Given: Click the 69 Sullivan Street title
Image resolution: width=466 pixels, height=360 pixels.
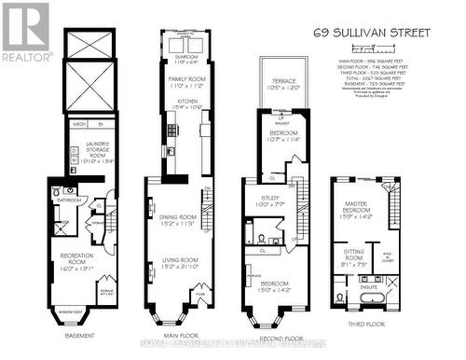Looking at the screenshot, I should click(x=373, y=32).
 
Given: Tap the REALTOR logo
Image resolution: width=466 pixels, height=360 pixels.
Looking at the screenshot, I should click(x=26, y=32).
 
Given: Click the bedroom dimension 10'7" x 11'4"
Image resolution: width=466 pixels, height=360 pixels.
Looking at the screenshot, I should click(x=279, y=140).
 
